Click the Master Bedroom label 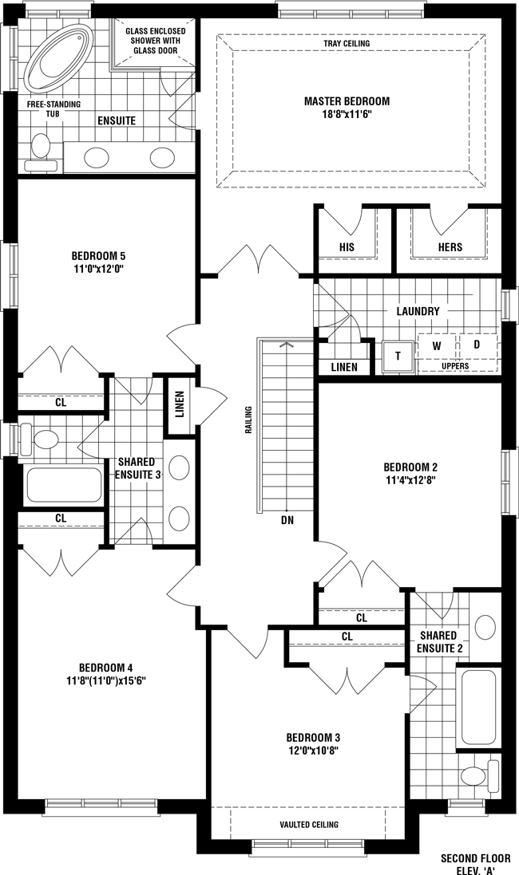click(347, 101)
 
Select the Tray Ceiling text click(347, 43)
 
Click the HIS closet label click(347, 246)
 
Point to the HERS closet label click(450, 246)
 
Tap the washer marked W click(437, 346)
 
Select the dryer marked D click(477, 345)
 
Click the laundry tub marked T click(398, 356)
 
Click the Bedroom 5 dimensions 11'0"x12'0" click(98, 269)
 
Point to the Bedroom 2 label click(410, 467)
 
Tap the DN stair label click(287, 521)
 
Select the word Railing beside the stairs click(248, 420)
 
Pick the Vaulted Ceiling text click(309, 824)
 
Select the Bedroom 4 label click(105, 668)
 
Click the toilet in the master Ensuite click(41, 152)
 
